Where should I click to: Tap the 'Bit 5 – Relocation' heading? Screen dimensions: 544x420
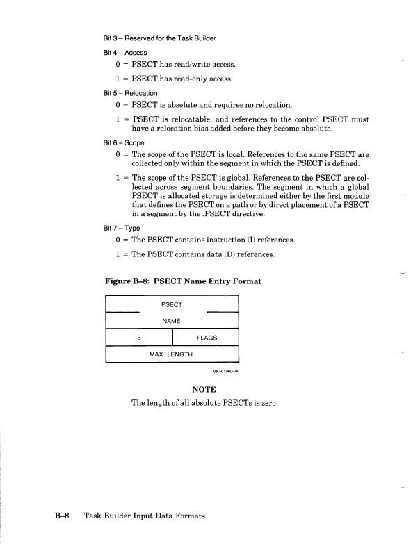[129, 92]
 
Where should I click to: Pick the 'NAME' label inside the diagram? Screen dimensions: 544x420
[171, 322]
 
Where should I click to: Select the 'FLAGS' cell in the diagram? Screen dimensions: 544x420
[207, 338]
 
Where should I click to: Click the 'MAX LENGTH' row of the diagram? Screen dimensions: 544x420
[171, 355]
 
